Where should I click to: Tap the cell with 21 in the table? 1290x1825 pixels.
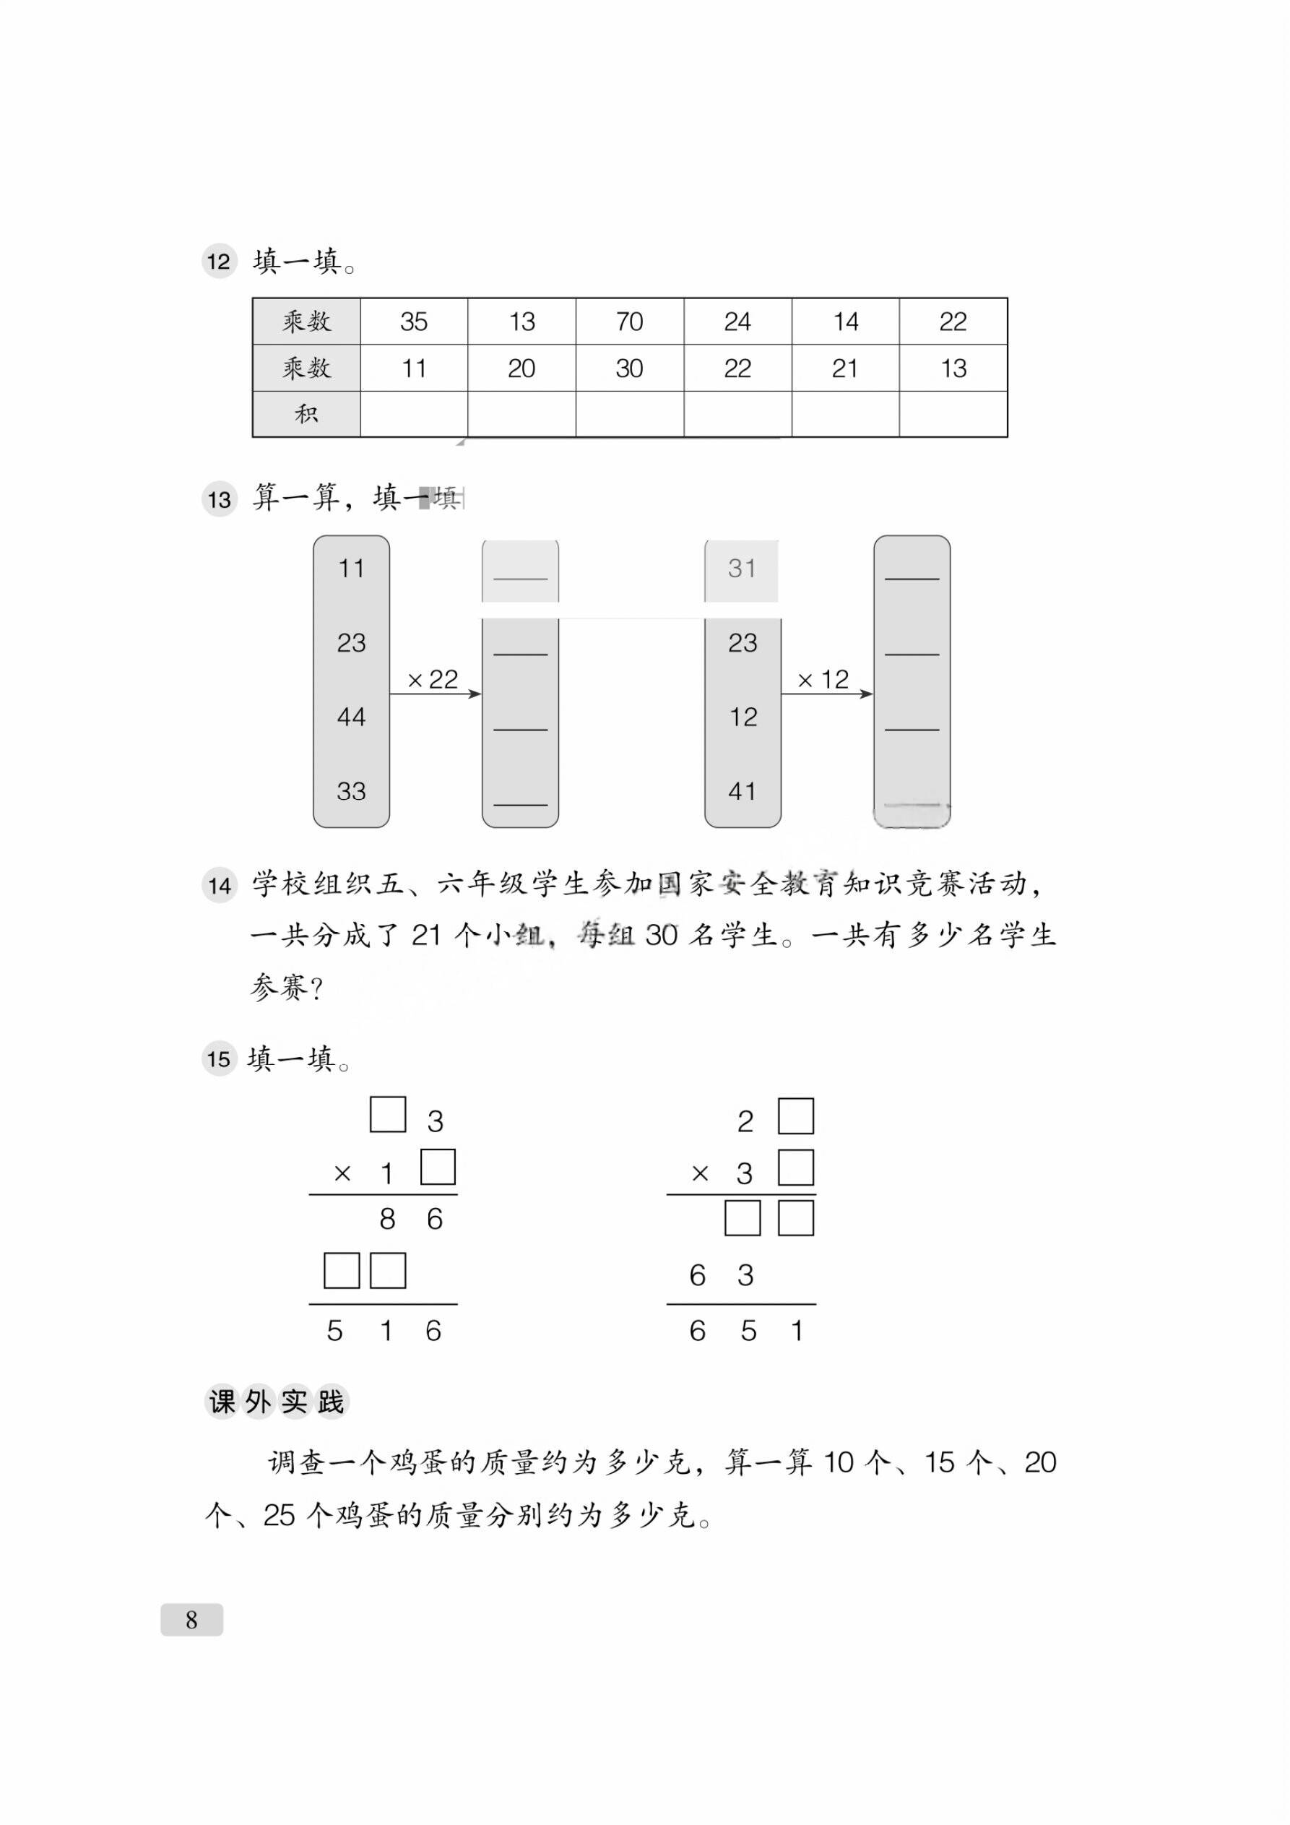845,368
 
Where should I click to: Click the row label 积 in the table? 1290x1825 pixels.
306,414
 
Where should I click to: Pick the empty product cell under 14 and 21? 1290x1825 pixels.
845,414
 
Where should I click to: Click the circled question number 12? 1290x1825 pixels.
219,262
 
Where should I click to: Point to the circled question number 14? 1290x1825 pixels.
219,886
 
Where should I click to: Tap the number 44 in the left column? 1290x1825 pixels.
350,717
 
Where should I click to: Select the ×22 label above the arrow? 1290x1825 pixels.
433,680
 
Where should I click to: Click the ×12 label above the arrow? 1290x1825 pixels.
823,680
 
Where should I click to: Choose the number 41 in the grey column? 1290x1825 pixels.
742,791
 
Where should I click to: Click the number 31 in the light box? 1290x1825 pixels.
742,569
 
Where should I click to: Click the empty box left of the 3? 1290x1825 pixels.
388,1114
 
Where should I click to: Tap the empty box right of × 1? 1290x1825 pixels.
437,1167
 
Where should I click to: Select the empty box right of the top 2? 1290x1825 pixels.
796,1116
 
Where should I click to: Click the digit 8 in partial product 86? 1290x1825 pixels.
387,1220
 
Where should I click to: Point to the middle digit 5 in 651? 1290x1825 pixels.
748,1331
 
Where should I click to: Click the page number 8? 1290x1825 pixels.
191,1620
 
